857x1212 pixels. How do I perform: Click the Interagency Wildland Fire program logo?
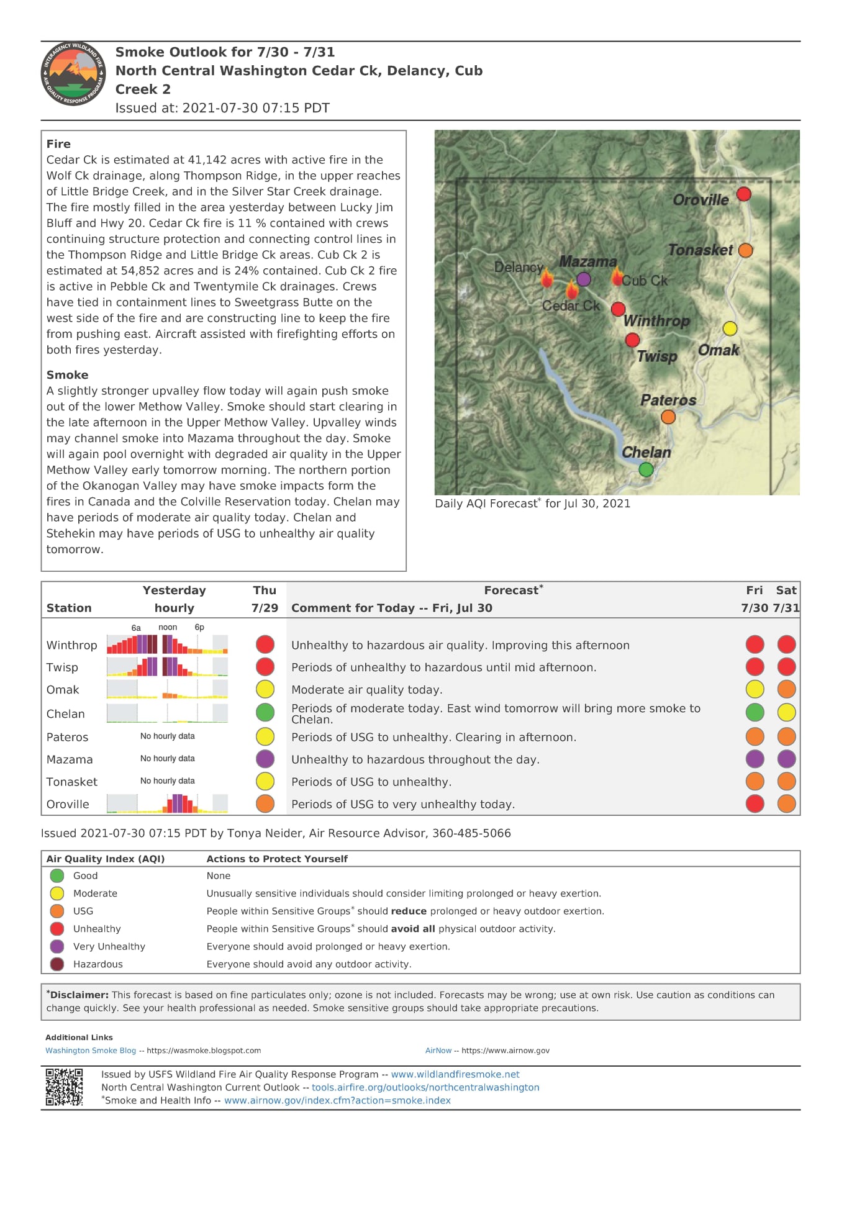tap(73, 74)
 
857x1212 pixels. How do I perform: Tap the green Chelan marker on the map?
tap(646, 469)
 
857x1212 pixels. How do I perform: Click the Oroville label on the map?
tap(701, 200)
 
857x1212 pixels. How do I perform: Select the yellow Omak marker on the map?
tap(730, 328)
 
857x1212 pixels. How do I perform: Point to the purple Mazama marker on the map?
tap(583, 279)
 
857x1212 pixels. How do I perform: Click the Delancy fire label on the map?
tap(518, 268)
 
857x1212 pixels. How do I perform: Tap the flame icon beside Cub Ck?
tap(617, 277)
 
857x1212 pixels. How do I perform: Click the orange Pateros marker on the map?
tap(668, 417)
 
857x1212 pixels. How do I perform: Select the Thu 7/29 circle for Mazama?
tap(265, 759)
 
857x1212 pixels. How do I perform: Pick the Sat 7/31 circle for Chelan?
tap(786, 712)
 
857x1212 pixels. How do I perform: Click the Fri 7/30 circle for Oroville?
tap(755, 803)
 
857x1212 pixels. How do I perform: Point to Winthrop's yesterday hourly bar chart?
tap(167, 644)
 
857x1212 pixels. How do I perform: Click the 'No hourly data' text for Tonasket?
tap(167, 781)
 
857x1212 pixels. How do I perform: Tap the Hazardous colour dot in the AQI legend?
tap(57, 964)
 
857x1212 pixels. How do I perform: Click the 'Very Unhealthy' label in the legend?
tap(109, 946)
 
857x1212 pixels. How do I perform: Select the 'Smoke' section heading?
tap(67, 375)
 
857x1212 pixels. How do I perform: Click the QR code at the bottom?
tap(64, 1087)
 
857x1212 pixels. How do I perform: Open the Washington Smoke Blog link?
tap(91, 1051)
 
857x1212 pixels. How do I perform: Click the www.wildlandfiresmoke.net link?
tap(455, 1074)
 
